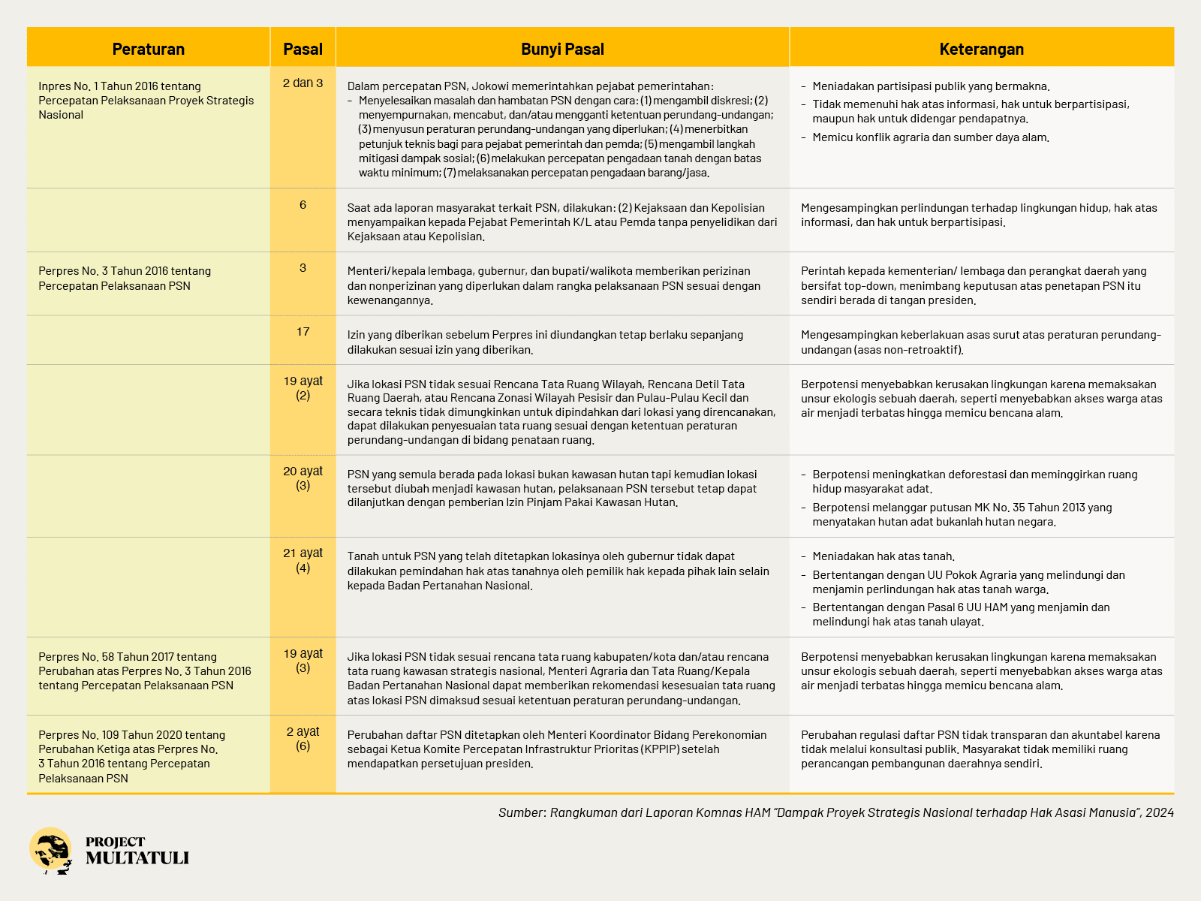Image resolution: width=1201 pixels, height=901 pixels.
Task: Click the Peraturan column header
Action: click(x=149, y=49)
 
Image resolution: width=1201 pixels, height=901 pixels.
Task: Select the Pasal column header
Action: click(x=303, y=49)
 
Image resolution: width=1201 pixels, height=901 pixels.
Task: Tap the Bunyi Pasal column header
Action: click(x=562, y=49)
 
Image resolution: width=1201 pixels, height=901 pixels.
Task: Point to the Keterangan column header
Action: click(x=981, y=49)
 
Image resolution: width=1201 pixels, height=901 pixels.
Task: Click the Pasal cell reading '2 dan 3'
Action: click(x=303, y=83)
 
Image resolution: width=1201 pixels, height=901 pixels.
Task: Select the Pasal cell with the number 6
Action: click(x=303, y=205)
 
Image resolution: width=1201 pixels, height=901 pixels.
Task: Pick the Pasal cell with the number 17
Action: click(x=303, y=332)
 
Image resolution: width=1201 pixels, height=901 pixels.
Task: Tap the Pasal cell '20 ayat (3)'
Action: click(x=303, y=478)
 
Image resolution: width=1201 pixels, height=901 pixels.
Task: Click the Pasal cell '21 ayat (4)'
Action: click(x=303, y=560)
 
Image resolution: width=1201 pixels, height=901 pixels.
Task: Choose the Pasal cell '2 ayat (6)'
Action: click(x=303, y=738)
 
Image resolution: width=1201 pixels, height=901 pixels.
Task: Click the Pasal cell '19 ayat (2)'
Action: click(x=303, y=388)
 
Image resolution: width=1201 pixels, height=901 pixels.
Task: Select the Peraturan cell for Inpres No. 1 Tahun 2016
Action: click(x=146, y=101)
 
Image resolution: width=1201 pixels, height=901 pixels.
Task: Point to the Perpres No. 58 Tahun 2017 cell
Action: click(x=145, y=671)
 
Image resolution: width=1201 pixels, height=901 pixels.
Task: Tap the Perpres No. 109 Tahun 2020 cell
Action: click(x=132, y=756)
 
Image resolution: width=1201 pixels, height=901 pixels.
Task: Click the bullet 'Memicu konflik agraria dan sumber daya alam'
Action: click(x=931, y=137)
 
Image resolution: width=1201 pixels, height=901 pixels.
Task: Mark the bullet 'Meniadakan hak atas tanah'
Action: click(x=883, y=556)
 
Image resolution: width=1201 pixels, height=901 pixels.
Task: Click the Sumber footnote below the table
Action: click(x=835, y=812)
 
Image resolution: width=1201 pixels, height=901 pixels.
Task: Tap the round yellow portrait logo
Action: click(x=51, y=851)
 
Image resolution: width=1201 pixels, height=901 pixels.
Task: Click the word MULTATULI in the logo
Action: click(x=137, y=858)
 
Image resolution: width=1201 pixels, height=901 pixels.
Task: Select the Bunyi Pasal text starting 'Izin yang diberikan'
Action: click(x=545, y=342)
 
